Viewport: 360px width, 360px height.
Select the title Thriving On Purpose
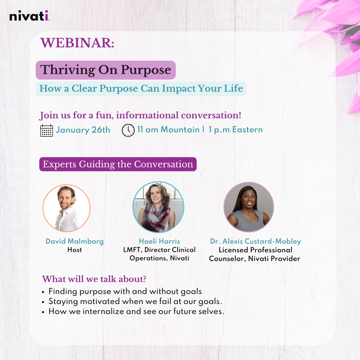pyautogui.click(x=105, y=70)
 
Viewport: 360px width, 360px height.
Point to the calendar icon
pyautogui.click(x=47, y=130)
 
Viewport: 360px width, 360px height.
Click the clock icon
pyautogui.click(x=128, y=130)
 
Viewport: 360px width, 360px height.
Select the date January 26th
pyautogui.click(x=83, y=130)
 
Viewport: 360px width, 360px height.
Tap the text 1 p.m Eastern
pyautogui.click(x=236, y=130)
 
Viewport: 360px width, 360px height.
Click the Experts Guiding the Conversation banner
pyautogui.click(x=118, y=164)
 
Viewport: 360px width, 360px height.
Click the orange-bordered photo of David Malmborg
pyautogui.click(x=67, y=208)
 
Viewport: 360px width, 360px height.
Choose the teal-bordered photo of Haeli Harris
pyautogui.click(x=158, y=207)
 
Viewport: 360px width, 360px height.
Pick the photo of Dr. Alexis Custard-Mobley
pyautogui.click(x=249, y=207)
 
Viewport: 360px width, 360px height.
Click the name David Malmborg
pyautogui.click(x=75, y=241)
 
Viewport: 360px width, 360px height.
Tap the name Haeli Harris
pyautogui.click(x=159, y=241)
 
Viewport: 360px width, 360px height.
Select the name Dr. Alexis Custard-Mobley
pyautogui.click(x=256, y=241)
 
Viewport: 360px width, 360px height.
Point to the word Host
pyautogui.click(x=75, y=250)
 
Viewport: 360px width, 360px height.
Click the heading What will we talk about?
pyautogui.click(x=94, y=279)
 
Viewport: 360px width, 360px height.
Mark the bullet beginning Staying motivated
pyautogui.click(x=135, y=301)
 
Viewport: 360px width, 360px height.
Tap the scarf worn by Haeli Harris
pyautogui.click(x=157, y=218)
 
